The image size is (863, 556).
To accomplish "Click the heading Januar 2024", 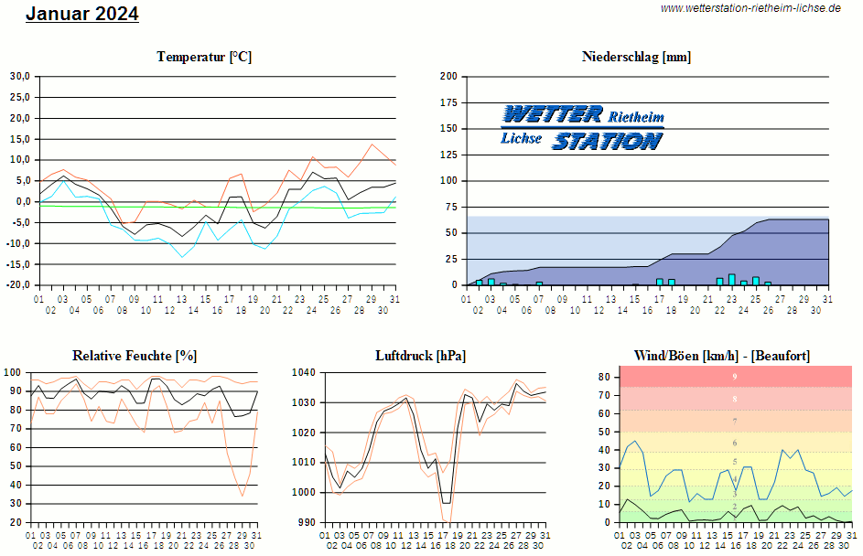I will [82, 14].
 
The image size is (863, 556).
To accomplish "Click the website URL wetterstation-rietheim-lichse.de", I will [750, 8].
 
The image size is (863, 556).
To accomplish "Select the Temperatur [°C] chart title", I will [204, 57].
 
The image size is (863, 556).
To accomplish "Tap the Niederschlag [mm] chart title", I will [636, 57].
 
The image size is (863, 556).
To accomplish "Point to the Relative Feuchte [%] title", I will [135, 356].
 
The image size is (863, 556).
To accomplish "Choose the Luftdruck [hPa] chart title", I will [420, 356].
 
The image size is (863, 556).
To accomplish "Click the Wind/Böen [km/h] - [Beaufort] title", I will [721, 356].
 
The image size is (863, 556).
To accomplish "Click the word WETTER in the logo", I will [553, 114].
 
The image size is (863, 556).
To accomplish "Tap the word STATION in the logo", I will [607, 141].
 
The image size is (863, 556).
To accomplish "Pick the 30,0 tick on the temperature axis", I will [20, 76].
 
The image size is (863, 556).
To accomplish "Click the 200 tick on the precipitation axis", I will [448, 76].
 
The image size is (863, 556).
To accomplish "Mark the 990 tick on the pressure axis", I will [306, 522].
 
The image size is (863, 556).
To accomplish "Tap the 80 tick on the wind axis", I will [604, 377].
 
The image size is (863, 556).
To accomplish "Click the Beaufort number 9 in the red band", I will [734, 377].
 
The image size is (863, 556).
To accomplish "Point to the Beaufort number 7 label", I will [734, 422].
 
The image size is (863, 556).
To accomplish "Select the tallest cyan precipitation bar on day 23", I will [732, 279].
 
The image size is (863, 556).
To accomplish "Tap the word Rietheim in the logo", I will [636, 117].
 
